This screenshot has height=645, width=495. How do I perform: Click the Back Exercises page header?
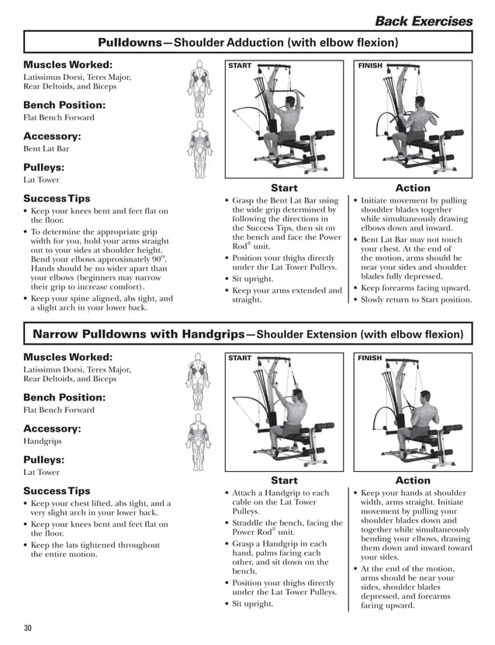423,21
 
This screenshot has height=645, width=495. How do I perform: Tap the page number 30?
28,627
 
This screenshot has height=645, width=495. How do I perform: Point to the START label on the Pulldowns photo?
240,66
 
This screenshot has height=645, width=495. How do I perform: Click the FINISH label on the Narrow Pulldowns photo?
370,359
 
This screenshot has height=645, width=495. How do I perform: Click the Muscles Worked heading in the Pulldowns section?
67,64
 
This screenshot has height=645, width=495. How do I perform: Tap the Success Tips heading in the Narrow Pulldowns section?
57,491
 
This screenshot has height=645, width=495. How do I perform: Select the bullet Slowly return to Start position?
415,300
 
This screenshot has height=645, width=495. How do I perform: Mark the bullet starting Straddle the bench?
287,528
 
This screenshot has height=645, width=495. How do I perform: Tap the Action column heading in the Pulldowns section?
413,188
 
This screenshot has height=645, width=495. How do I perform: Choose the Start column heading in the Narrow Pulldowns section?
284,480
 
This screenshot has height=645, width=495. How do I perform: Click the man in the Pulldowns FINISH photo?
422,128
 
